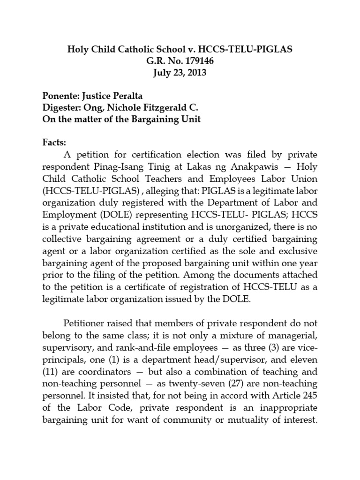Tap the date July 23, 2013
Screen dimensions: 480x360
[180, 73]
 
